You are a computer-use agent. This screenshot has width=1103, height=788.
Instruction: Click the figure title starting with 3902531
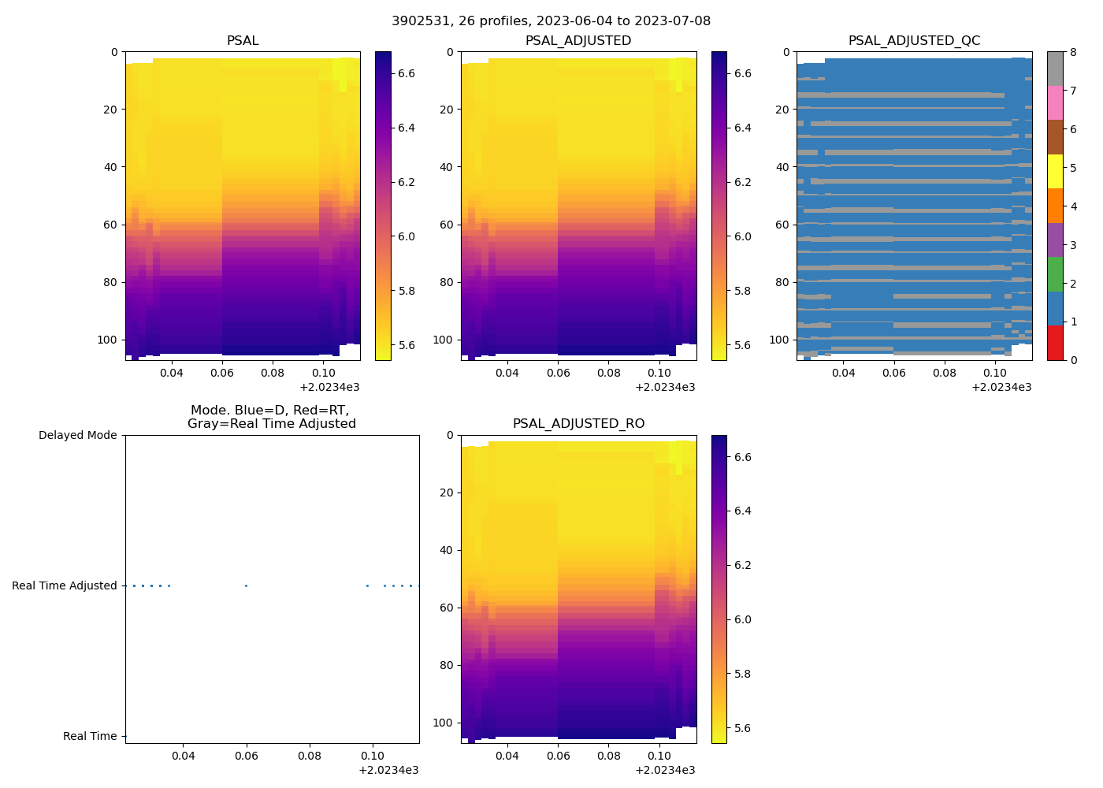(551, 21)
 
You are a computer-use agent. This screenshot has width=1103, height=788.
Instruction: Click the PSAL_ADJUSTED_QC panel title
(914, 41)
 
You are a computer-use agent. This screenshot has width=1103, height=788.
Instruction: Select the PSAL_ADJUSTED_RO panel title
(578, 424)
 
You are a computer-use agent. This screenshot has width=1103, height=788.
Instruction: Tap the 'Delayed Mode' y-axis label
(77, 435)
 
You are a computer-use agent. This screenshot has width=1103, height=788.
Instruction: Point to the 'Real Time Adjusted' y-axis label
(65, 585)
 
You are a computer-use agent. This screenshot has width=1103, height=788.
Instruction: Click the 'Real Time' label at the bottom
(90, 736)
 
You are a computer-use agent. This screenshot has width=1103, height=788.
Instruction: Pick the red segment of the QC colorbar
(1055, 343)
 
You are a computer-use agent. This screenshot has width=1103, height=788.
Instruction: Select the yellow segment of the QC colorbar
(1055, 171)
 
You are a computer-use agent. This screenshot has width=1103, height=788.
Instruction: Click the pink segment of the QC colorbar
(1055, 102)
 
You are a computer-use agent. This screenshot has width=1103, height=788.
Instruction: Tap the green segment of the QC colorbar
(1055, 274)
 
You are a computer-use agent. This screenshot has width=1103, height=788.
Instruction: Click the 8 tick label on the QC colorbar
(1073, 52)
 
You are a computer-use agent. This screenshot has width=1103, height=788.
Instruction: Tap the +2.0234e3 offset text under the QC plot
(1001, 387)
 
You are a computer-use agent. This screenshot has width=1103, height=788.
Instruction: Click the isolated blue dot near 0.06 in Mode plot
(246, 585)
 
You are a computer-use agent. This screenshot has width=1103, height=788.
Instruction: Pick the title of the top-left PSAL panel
(243, 41)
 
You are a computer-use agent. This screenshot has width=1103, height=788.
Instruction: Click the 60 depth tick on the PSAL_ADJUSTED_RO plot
(446, 608)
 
